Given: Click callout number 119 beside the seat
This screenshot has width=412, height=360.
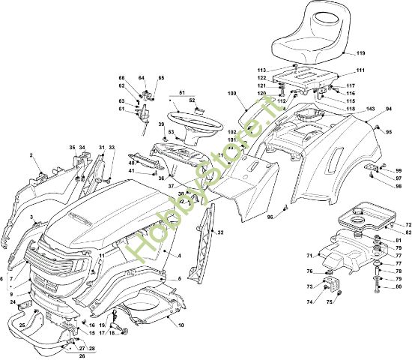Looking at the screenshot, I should tap(360, 53).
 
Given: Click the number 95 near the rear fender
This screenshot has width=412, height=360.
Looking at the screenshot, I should tap(389, 133).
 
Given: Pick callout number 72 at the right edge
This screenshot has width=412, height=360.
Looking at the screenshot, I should tap(408, 225).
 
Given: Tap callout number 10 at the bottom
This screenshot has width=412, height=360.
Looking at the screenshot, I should tap(181, 325).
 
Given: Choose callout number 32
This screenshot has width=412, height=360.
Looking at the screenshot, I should tap(220, 233).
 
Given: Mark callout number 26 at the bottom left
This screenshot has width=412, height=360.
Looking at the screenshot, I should tap(82, 355).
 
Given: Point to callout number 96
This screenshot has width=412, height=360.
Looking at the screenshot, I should tap(270, 218).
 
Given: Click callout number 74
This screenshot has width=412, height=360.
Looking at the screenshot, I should tap(308, 301).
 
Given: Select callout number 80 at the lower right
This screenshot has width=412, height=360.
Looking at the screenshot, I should tap(399, 287).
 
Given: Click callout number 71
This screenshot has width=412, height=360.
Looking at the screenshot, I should tap(309, 256).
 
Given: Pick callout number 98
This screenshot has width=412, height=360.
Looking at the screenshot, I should tap(399, 186).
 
